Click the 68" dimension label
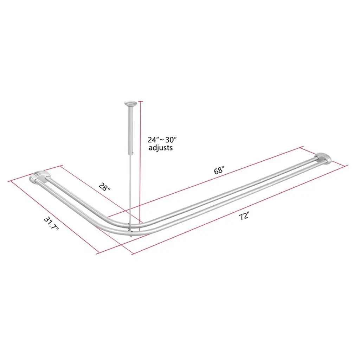tap(219, 171)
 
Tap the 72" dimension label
tap(244, 216)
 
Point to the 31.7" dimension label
tap(51, 224)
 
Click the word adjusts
tap(160, 147)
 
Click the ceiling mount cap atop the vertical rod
tap(130, 104)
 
